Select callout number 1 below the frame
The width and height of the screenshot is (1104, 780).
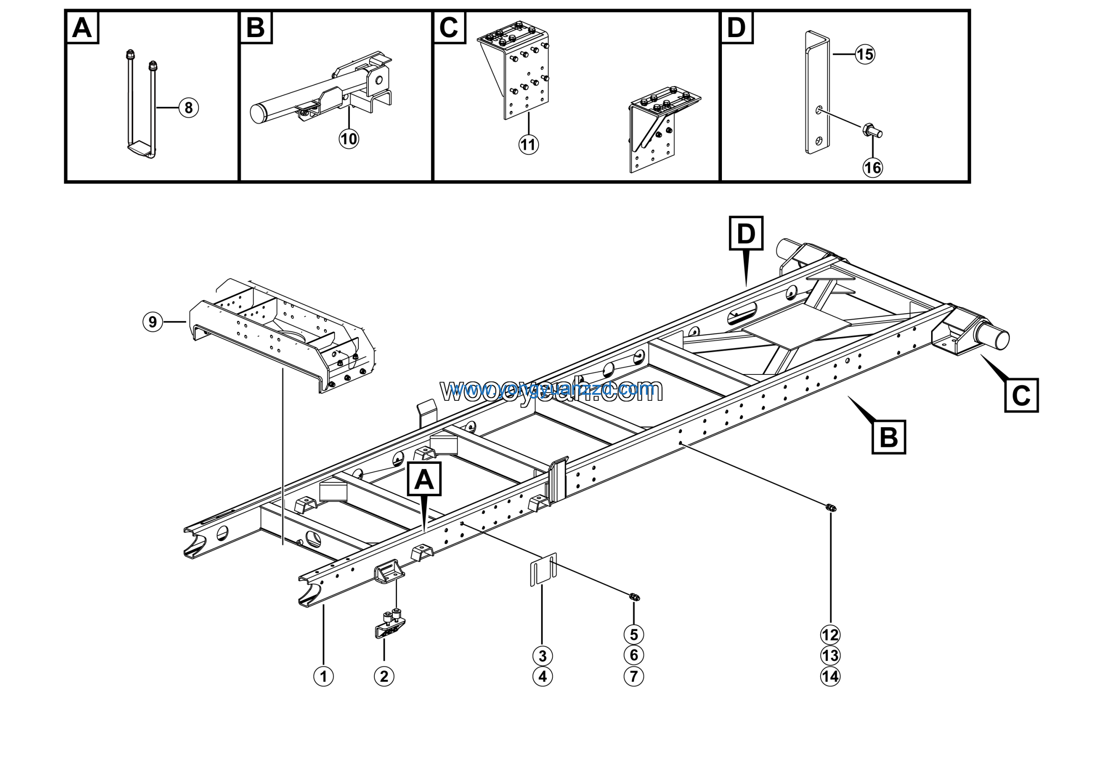323,676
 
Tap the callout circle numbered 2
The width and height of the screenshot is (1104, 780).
384,676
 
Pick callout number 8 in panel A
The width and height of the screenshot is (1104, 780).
188,108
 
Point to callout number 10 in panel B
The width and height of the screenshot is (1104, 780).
348,139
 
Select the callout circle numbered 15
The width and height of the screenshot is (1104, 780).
865,54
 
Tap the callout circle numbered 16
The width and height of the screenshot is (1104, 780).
872,168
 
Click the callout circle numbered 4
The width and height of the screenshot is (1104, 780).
543,676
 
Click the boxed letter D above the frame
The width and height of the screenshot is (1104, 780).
746,234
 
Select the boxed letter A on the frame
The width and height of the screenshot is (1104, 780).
424,479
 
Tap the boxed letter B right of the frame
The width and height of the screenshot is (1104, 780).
888,437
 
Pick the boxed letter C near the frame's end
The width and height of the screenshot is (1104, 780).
1021,396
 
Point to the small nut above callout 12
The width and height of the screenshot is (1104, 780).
831,507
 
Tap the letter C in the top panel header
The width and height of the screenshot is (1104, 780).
449,28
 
